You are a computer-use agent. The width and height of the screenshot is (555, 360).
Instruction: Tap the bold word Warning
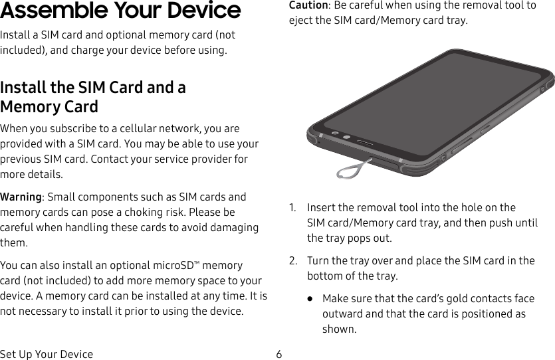pos(21,197)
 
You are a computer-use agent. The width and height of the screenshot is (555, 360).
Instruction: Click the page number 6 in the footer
pos(279,354)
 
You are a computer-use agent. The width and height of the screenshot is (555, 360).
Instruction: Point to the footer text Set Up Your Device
pos(47,354)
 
